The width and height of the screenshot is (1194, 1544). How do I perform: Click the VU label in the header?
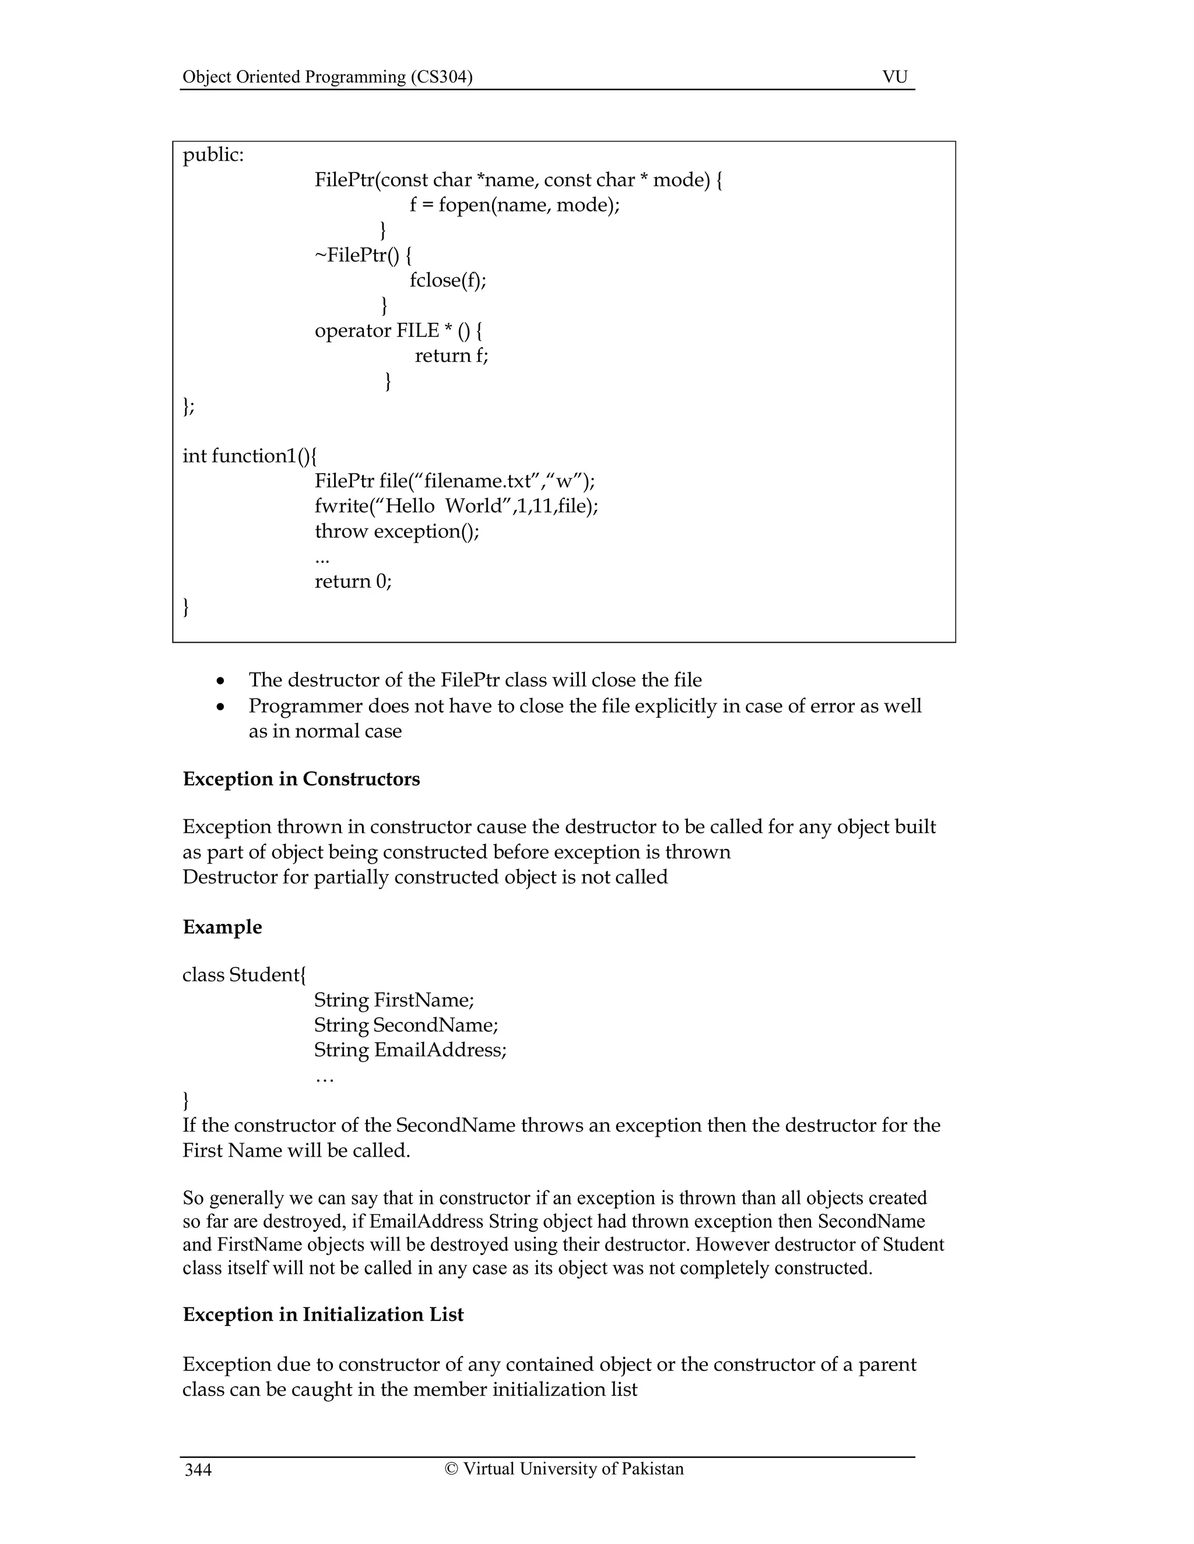[x=894, y=76]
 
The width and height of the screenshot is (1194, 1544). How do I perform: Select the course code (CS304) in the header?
[x=441, y=76]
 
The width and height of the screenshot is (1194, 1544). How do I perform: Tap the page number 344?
[x=198, y=1471]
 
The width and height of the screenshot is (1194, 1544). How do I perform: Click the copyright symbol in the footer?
[x=451, y=1468]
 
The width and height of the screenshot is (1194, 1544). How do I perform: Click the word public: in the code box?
[x=213, y=155]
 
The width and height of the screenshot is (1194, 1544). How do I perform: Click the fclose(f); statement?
[x=448, y=281]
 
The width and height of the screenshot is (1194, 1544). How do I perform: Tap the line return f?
[x=451, y=355]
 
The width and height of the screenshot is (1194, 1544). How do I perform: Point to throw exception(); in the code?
[x=397, y=531]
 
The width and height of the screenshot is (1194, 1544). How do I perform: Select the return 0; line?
[x=353, y=581]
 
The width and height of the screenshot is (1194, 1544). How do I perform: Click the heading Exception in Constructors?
[x=301, y=779]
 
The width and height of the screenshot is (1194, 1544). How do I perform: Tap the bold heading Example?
[x=222, y=927]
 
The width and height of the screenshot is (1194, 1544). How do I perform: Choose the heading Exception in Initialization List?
[x=323, y=1314]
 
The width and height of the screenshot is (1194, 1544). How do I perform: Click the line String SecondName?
[x=406, y=1025]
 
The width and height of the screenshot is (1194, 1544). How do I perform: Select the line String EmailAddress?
[x=410, y=1050]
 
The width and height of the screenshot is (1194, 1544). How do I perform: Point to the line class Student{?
[x=244, y=975]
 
